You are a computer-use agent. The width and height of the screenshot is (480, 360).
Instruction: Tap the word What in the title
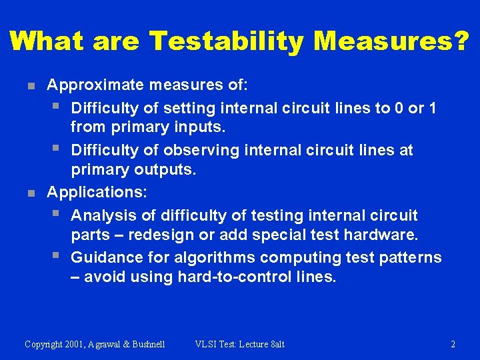(x=45, y=41)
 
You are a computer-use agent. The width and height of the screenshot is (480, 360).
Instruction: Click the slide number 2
(x=453, y=345)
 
